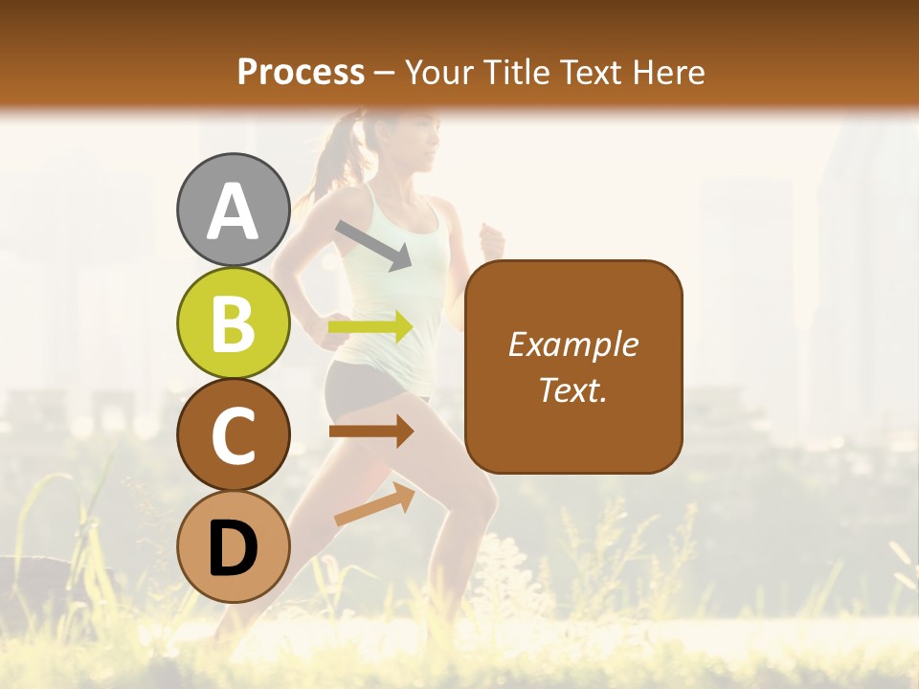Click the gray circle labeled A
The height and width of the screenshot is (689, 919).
tap(234, 210)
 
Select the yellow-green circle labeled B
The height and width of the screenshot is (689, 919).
tap(234, 322)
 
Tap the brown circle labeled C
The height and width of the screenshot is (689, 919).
tap(234, 434)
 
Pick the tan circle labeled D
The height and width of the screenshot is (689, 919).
tap(234, 546)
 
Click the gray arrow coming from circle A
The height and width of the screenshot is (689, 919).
tap(373, 245)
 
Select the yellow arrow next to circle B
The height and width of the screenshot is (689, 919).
tap(371, 327)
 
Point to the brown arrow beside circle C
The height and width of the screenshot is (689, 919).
tap(371, 431)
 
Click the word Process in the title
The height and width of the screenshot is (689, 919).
tap(301, 72)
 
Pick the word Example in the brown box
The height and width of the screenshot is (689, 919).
tap(572, 344)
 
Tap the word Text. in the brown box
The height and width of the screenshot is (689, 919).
tap(572, 389)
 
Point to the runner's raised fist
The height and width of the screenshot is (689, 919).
tap(492, 236)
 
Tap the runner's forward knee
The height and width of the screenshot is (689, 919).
tap(479, 498)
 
